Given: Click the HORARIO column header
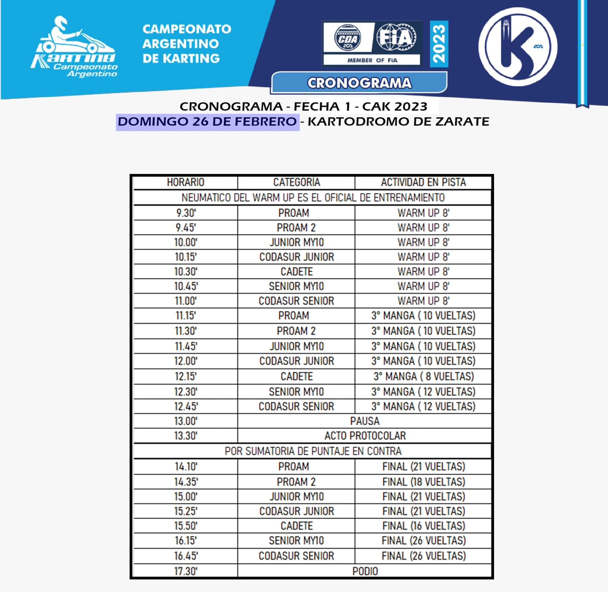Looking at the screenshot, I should point(185,182).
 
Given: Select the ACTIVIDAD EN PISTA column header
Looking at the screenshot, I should point(423,182).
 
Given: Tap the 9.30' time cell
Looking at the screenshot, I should point(185,213).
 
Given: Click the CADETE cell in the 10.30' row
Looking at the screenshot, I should point(296,272).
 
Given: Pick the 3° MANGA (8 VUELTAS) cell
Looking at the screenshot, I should point(423,377).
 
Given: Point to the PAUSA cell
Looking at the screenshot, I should point(365,421).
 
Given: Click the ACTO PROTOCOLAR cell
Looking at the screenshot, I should point(365,436).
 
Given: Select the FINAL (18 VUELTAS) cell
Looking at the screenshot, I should point(423,482).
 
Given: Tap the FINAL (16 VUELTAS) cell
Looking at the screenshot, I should point(423,526).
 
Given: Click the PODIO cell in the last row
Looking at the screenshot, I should point(365,571).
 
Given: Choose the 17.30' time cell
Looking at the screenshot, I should point(185,571).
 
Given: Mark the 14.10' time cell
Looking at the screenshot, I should point(185,467).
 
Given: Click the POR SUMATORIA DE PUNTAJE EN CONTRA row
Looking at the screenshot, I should point(312,451).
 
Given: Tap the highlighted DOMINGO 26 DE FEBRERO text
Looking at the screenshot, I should point(207,122).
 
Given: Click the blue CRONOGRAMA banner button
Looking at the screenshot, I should point(359,83).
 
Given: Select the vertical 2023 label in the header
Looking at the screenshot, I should point(439,44).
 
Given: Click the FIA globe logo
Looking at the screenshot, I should point(396,38).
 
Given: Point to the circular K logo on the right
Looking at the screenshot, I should point(518,47).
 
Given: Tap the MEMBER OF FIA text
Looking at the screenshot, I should point(372,60).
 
